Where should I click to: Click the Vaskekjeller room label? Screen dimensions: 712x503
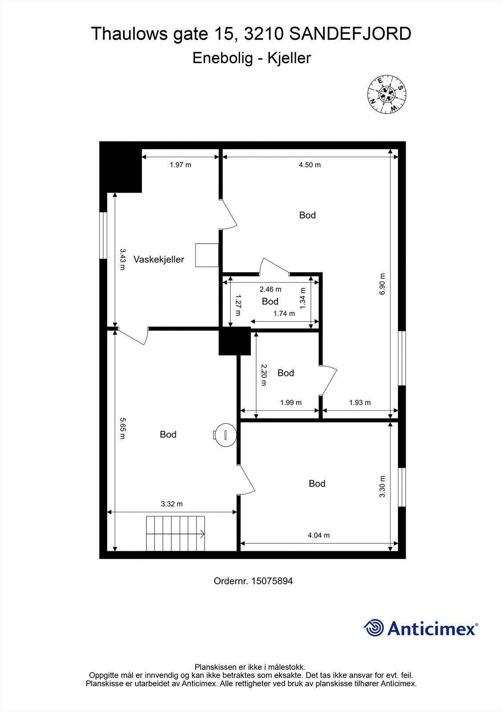[158, 259]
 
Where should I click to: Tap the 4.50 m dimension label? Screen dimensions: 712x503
[310, 165]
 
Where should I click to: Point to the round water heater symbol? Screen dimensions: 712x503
[225, 435]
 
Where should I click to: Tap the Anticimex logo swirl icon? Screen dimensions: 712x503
[374, 628]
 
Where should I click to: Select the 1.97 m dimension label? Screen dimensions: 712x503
[180, 165]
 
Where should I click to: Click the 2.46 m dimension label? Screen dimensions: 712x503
[270, 289]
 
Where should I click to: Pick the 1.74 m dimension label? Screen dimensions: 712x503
[284, 313]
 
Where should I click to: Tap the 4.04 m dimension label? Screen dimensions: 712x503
[318, 535]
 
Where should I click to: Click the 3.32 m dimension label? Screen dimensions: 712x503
[172, 504]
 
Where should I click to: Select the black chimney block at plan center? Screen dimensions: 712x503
[234, 341]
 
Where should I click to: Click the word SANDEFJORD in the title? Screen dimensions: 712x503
[350, 34]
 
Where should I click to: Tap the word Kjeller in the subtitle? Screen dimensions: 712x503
[289, 58]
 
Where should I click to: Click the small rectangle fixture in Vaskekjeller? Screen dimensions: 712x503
[207, 255]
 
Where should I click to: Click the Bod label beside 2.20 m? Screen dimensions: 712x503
[286, 373]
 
